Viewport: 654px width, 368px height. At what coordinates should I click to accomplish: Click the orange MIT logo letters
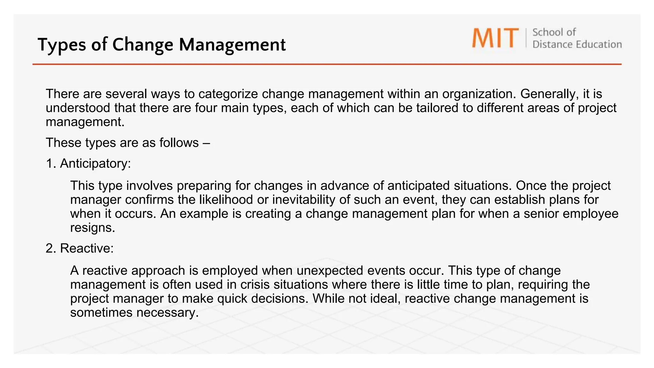pos(495,38)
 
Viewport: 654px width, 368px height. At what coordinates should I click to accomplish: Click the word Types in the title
pos(62,45)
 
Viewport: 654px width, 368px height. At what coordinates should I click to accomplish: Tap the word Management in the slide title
pos(232,45)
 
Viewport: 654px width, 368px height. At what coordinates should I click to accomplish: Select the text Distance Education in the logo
pos(577,44)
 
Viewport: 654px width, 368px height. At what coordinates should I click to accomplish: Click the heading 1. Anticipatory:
pos(88,164)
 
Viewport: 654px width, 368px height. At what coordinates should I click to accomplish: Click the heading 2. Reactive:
pos(80,248)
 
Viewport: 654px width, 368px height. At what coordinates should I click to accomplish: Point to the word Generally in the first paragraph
pos(549,94)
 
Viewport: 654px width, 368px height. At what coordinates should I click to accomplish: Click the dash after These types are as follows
pos(206,143)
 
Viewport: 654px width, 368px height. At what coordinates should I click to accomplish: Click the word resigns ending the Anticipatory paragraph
pos(92,228)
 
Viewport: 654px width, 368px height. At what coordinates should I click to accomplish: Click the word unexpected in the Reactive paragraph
pos(330,271)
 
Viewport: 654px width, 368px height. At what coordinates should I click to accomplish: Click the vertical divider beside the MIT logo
pos(526,38)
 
